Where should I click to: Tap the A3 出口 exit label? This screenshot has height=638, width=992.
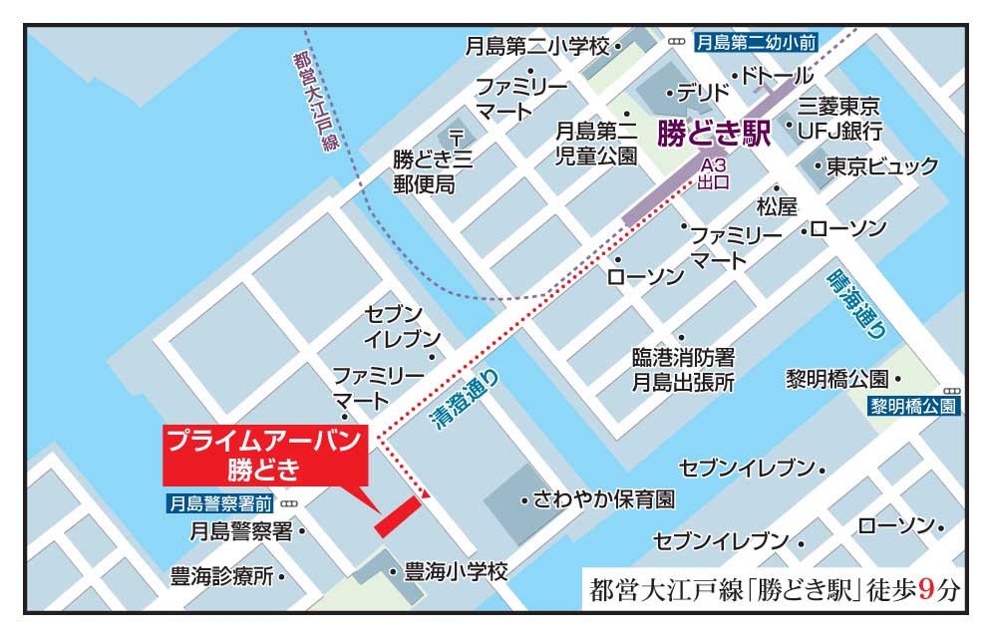tap(714, 173)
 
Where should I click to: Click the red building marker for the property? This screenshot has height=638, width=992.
tap(397, 515)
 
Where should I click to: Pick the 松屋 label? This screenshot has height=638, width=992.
tap(777, 206)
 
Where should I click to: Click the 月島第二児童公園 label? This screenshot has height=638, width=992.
tap(595, 142)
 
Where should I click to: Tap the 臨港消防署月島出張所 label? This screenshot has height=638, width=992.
tap(683, 369)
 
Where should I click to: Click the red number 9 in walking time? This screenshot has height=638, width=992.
tap(926, 589)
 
